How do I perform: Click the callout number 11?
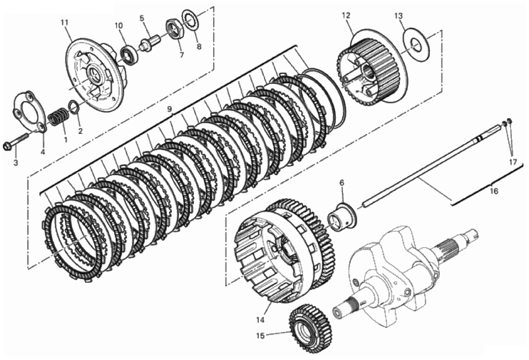pyautogui.click(x=64, y=23)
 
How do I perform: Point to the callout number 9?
pyautogui.click(x=170, y=109)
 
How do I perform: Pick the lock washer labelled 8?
pyautogui.click(x=191, y=21)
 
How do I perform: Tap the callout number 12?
pyautogui.click(x=346, y=15)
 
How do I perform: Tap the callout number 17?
pyautogui.click(x=513, y=162)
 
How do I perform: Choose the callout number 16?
pyautogui.click(x=494, y=191)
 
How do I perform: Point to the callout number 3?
pyautogui.click(x=15, y=163)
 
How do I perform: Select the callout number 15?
pyautogui.click(x=261, y=336)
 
